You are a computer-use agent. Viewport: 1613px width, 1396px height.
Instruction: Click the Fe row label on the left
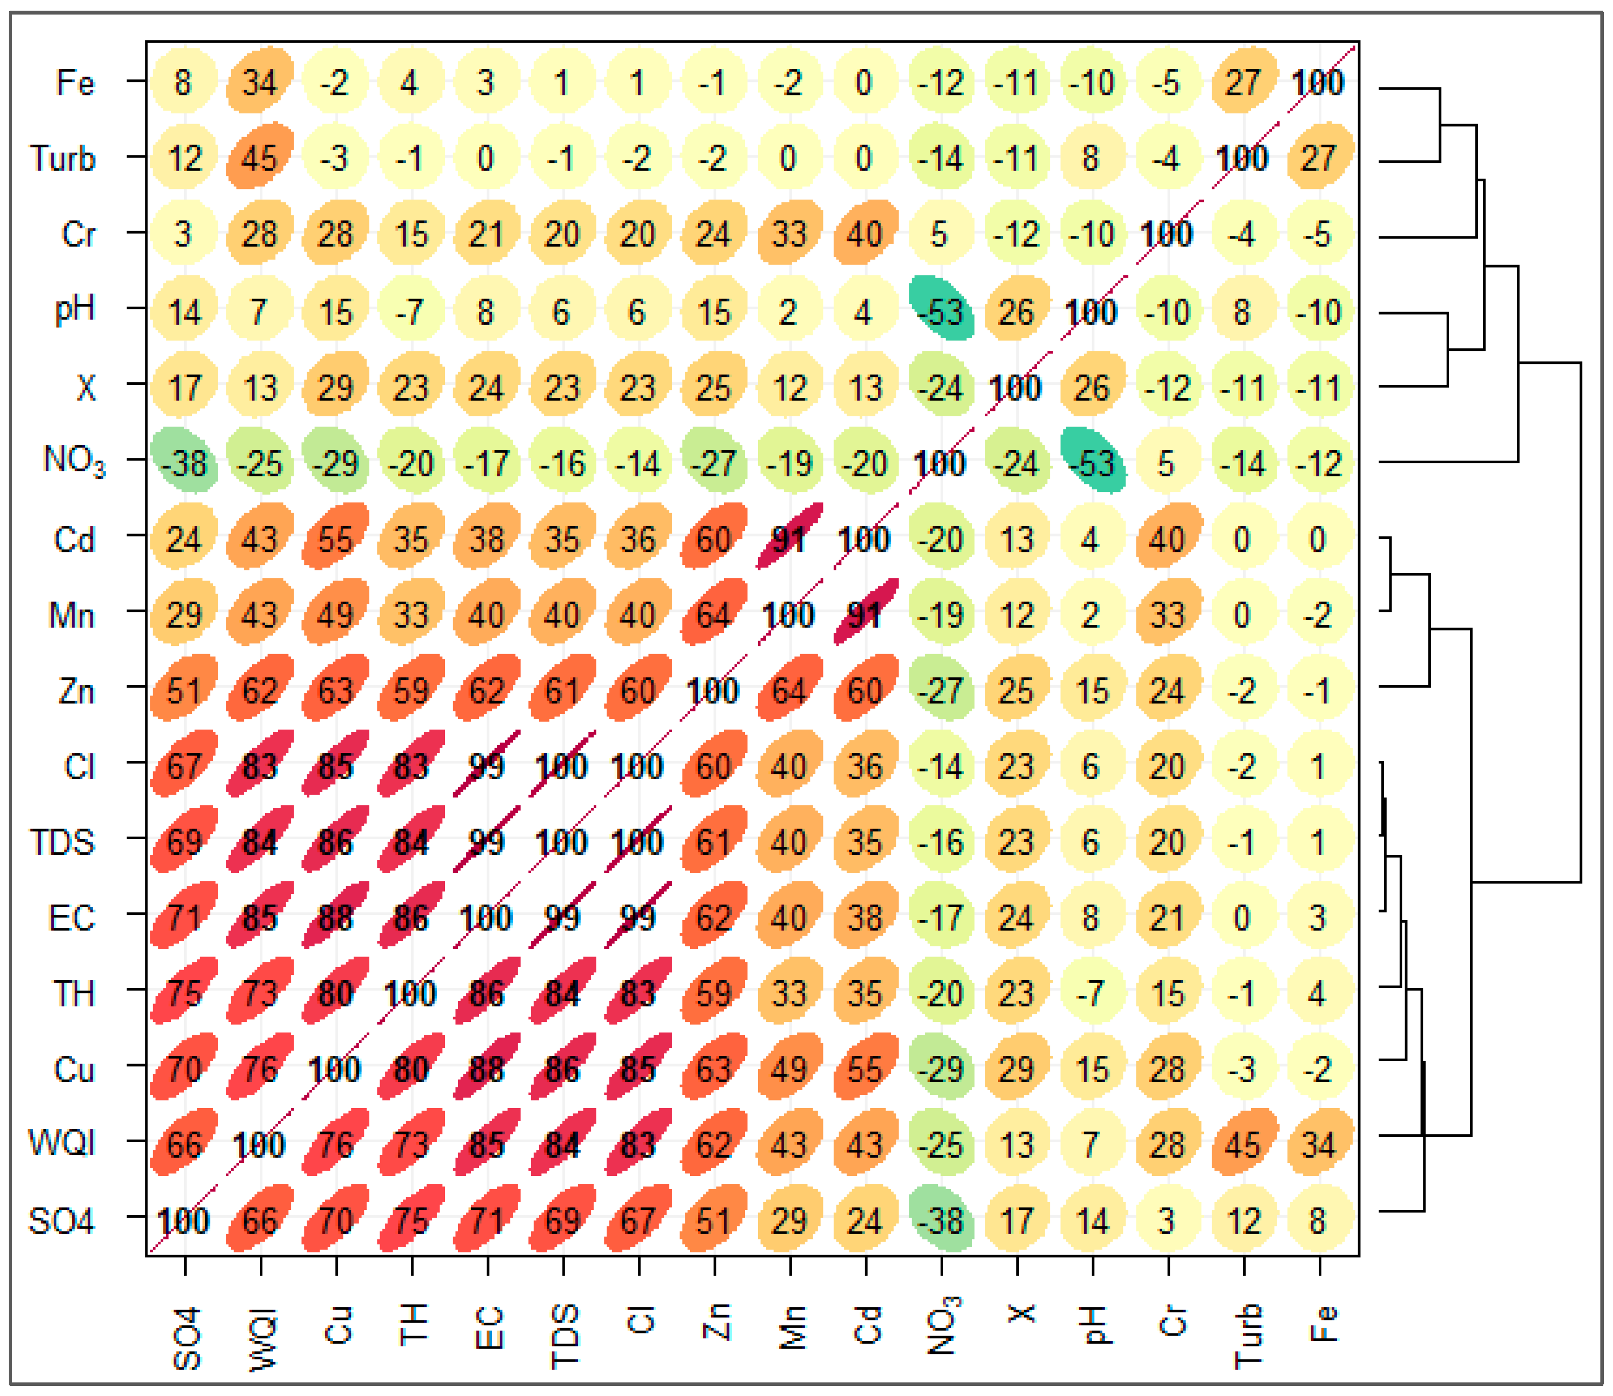[x=76, y=82]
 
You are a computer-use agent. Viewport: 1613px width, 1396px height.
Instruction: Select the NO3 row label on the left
[x=74, y=460]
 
